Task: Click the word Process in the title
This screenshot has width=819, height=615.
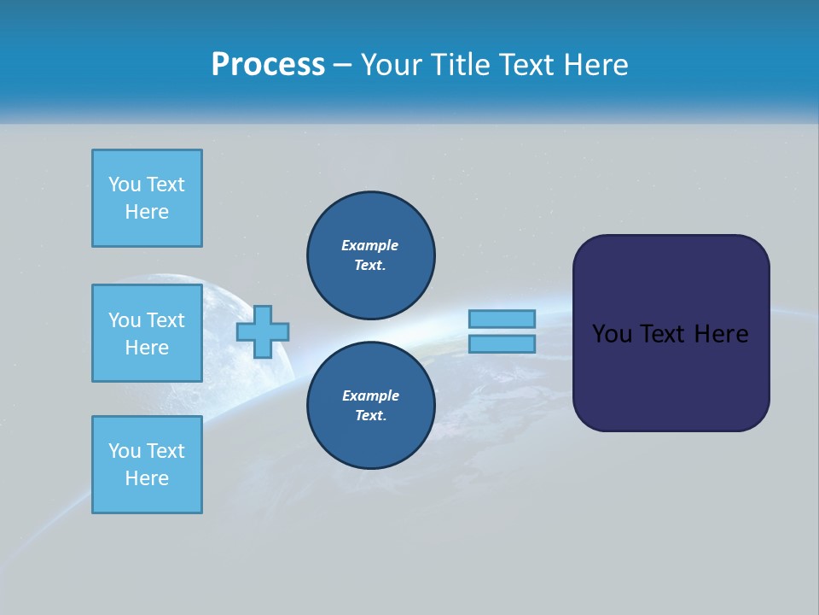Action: point(268,65)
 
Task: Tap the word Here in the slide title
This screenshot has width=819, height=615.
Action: point(595,65)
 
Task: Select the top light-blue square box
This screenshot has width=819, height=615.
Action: point(147,198)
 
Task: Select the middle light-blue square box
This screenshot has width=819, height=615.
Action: point(147,333)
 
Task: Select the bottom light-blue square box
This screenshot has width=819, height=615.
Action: point(147,465)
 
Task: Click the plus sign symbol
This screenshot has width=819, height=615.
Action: point(263,332)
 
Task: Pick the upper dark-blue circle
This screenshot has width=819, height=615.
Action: point(371,255)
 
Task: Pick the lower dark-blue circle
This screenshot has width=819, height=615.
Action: point(371,406)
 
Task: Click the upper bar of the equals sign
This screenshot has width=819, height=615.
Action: point(502,319)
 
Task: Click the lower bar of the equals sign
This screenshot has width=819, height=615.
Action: point(502,344)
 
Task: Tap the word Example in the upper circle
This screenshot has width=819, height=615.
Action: point(370,245)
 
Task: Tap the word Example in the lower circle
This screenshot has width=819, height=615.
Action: point(370,395)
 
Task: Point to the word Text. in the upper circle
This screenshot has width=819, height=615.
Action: point(370,266)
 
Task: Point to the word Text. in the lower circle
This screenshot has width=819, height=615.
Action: point(370,416)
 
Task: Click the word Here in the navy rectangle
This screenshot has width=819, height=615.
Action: point(721,334)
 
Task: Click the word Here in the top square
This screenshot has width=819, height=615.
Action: point(147,212)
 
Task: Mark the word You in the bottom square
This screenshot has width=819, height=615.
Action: point(124,451)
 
